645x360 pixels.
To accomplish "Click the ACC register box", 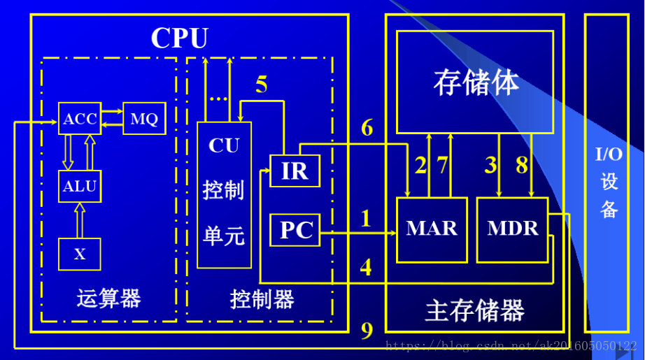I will tap(80, 119).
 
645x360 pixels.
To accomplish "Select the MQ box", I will tap(143, 119).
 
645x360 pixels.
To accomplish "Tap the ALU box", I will tap(80, 187).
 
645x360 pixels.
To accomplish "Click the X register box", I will tap(80, 254).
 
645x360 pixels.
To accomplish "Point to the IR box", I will tap(295, 171).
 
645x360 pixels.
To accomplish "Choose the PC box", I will tap(295, 230).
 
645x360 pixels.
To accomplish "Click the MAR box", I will tap(432, 229).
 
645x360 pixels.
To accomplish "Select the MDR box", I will tap(512, 229).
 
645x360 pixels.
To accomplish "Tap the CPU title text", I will tap(179, 38).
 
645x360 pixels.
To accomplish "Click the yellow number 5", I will tap(262, 85).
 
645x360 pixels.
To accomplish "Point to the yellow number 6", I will tap(367, 128).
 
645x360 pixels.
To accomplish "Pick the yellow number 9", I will tap(367, 331).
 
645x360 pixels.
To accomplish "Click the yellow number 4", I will tap(365, 267).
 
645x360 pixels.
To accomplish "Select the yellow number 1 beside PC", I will tap(365, 219).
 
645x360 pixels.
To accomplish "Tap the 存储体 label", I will tap(476, 82).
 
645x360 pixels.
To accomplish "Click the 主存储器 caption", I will tap(474, 310).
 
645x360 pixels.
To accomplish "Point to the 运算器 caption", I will tap(108, 299).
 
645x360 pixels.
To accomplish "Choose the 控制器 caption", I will tap(262, 299).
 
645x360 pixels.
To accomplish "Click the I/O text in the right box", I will tap(609, 154).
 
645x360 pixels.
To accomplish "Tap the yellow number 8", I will tap(522, 166).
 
